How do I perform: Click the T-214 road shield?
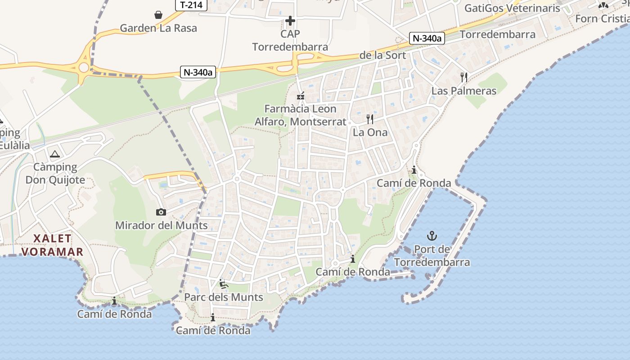pyautogui.click(x=191, y=5)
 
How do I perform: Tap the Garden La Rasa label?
pyautogui.click(x=158, y=28)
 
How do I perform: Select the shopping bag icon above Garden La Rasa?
pyautogui.click(x=158, y=15)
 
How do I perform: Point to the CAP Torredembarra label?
pyautogui.click(x=290, y=40)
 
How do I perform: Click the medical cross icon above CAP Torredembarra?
pyautogui.click(x=290, y=21)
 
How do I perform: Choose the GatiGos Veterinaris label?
pyautogui.click(x=512, y=8)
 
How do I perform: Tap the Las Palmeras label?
pyautogui.click(x=464, y=91)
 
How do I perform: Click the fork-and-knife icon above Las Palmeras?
pyautogui.click(x=464, y=77)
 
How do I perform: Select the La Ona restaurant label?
pyautogui.click(x=370, y=132)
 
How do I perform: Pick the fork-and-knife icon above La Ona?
pyautogui.click(x=370, y=119)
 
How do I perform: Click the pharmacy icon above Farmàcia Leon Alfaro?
pyautogui.click(x=301, y=96)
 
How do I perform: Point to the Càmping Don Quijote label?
pyautogui.click(x=55, y=174)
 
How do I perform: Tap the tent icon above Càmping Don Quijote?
pyautogui.click(x=55, y=155)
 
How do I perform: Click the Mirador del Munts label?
pyautogui.click(x=162, y=225)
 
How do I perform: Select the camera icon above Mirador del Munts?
pyautogui.click(x=161, y=212)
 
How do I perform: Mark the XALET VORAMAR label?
pyautogui.click(x=52, y=245)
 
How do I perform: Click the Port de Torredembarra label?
pyautogui.click(x=432, y=256)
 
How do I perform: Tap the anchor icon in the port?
pyautogui.click(x=432, y=236)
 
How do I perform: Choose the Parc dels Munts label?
pyautogui.click(x=224, y=297)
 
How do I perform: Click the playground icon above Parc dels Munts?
pyautogui.click(x=224, y=284)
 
